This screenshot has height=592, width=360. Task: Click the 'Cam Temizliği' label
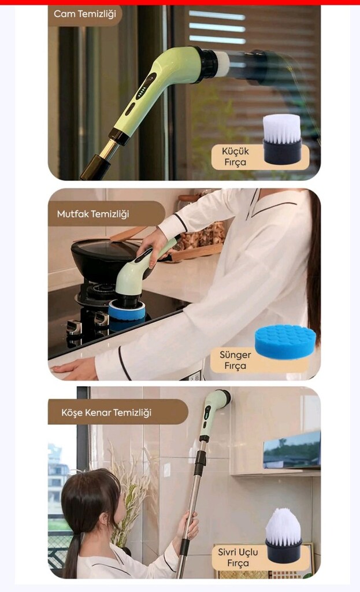pos(85,14)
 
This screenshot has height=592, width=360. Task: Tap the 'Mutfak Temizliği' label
pos(93,214)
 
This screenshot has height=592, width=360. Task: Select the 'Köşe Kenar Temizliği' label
pos(106,412)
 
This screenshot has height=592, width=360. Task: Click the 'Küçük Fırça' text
pos(235,156)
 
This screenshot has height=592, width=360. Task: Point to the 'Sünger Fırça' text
pos(235,360)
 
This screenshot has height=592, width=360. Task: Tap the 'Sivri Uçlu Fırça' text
pos(237,557)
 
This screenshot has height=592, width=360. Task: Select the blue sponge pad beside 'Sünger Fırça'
pos(285,341)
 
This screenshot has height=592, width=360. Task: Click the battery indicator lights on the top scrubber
pos(142,92)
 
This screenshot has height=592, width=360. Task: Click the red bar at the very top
pos(180,2)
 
